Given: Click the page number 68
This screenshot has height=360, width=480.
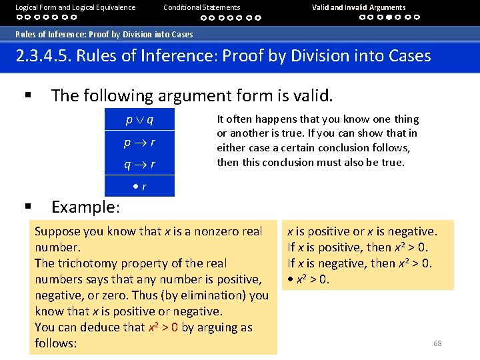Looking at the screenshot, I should pos(437,343).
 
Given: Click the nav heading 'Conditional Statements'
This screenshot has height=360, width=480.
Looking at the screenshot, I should pos(202,7).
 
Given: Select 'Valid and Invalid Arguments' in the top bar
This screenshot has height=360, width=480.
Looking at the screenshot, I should pos(359,7).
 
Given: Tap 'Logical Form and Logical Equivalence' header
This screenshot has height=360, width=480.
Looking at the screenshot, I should pos(75,7).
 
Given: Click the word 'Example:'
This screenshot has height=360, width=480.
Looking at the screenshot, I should pos(85,207).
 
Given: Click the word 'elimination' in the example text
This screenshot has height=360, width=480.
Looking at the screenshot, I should pos(219,295).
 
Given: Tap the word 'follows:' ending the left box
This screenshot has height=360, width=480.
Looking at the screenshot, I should pos(56,343).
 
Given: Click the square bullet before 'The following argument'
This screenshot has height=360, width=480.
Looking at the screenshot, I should pos(28,96).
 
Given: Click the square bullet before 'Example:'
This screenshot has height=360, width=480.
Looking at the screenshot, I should pos(28,207).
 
